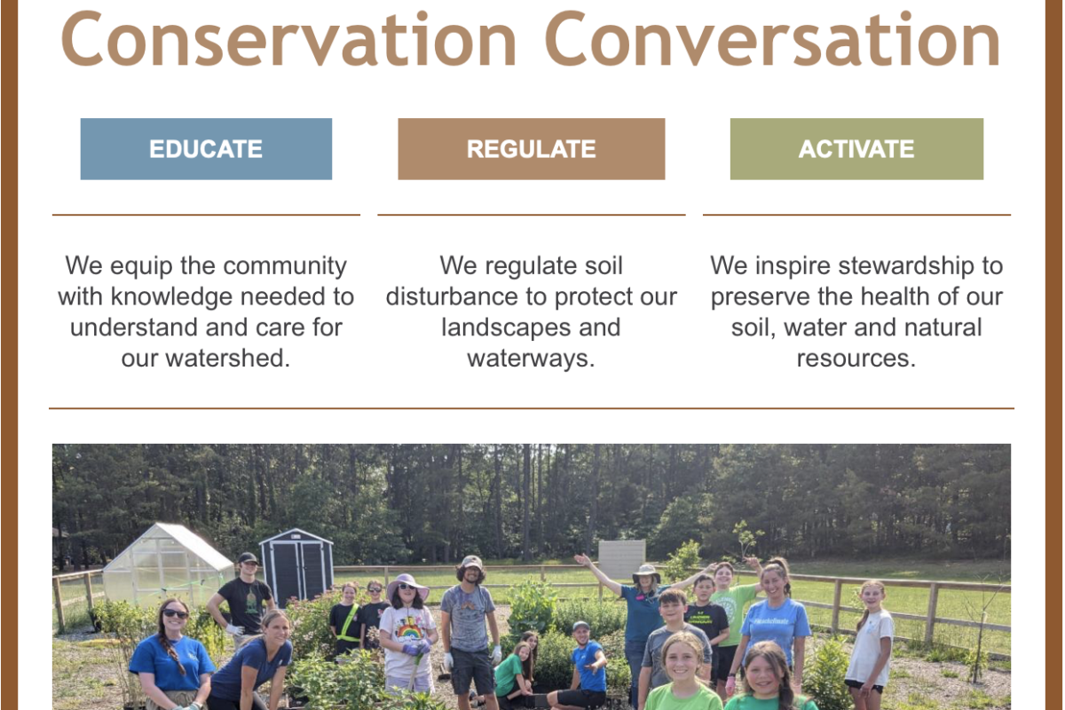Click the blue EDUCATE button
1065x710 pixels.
pos(206,149)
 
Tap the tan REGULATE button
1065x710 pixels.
pos(531,149)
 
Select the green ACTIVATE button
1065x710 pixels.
pos(856,149)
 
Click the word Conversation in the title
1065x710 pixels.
pos(772,39)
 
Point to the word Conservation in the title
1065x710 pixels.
pos(288,39)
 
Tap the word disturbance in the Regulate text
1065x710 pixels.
pos(451,296)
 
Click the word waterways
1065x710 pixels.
pos(531,359)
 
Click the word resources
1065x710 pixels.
pos(856,359)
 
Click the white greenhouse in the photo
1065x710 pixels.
pos(168,565)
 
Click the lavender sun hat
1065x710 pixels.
pos(407,587)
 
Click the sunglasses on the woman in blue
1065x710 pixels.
pos(175,613)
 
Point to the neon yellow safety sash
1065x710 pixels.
pos(349,623)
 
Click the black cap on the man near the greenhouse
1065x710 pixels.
pos(248,558)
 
